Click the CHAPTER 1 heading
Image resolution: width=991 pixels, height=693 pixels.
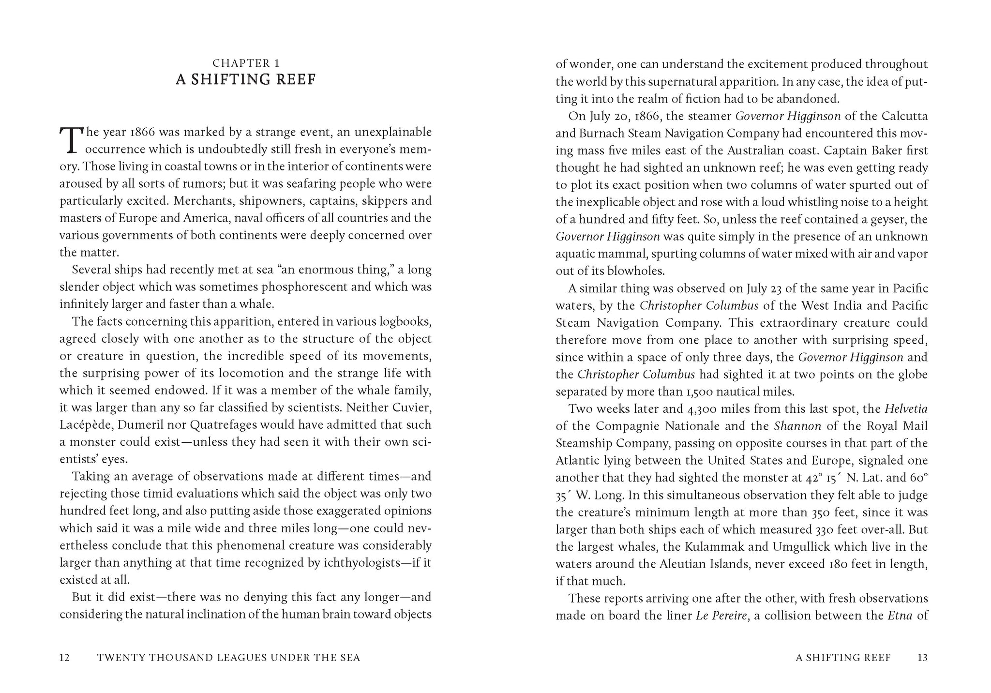[246, 63]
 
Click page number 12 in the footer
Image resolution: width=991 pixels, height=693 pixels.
[65, 658]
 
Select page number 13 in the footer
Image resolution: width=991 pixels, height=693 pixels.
[922, 658]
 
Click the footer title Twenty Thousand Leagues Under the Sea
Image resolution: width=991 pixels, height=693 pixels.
[228, 658]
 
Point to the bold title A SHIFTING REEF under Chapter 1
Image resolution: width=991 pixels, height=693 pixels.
[246, 79]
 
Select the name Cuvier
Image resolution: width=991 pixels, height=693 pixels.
[413, 407]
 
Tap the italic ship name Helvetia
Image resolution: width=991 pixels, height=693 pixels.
[906, 409]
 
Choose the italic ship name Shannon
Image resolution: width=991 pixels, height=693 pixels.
[797, 426]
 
